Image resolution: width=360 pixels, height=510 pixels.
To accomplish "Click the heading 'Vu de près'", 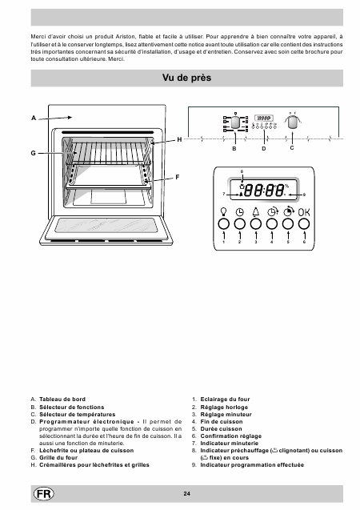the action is pyautogui.click(x=186, y=78).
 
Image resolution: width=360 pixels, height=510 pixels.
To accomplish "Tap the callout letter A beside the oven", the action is pyautogui.click(x=34, y=118).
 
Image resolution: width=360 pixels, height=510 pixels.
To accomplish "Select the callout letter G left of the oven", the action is pyautogui.click(x=33, y=153).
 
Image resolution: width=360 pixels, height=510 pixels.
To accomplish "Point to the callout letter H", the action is pyautogui.click(x=179, y=139).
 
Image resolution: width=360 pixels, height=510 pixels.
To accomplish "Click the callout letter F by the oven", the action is pyautogui.click(x=178, y=177).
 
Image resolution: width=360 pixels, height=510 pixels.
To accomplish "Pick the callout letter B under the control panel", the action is pyautogui.click(x=234, y=149).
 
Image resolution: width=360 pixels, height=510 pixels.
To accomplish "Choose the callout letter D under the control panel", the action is pyautogui.click(x=264, y=149).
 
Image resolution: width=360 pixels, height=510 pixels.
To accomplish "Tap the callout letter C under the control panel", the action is pyautogui.click(x=292, y=147).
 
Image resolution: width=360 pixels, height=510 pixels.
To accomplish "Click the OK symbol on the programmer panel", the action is pyautogui.click(x=304, y=212).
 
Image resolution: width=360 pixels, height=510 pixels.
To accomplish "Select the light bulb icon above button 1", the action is pyautogui.click(x=223, y=211).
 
